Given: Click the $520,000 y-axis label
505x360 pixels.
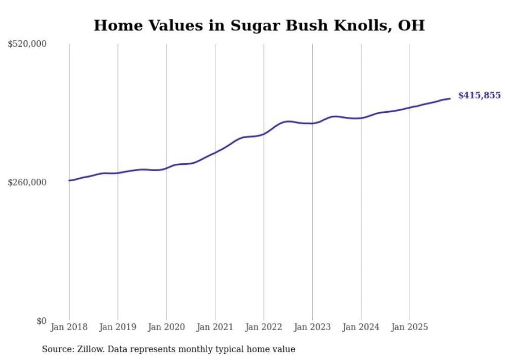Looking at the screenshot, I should pos(27,44).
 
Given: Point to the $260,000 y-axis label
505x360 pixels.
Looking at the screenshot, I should pos(27,182).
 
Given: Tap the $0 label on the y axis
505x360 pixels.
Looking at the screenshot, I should pos(41,321).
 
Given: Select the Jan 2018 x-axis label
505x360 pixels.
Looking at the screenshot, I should pos(69,327).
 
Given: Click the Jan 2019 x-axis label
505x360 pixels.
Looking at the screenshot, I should pos(117,327).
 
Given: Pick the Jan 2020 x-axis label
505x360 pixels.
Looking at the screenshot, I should pos(166,327).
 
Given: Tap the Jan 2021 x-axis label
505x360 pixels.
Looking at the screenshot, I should pos(215,327).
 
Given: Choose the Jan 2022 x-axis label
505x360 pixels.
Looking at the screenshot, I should pos(264,327).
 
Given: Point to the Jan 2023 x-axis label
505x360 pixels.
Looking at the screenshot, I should pos(312,327).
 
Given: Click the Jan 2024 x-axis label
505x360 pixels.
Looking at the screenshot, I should pos(361,327).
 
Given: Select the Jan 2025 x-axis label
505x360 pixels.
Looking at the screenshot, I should pos(410,327).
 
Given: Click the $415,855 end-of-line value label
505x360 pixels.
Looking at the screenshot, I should pos(479,95).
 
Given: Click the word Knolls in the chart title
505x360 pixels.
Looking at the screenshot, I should pos(366,26).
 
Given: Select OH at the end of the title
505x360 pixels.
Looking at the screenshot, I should pos(413,26).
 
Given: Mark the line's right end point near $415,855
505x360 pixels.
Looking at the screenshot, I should pos(450,98).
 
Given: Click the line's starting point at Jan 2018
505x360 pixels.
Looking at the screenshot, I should pos(69,180).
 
